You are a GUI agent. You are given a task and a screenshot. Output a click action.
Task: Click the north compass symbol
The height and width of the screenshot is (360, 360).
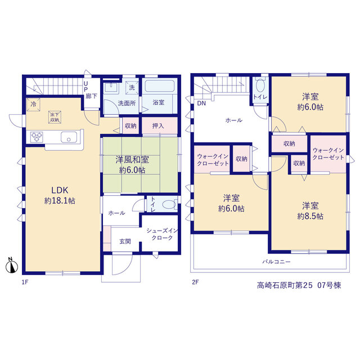12,266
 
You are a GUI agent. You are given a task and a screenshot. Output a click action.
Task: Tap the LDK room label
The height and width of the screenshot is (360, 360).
60,190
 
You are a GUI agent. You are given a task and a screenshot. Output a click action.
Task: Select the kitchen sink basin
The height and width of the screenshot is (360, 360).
69,137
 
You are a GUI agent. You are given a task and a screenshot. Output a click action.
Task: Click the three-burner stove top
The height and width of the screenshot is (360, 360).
37,137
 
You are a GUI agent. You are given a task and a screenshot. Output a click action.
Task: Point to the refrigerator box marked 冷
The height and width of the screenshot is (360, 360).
33,105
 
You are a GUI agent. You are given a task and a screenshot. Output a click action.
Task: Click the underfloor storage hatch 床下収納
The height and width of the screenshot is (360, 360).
55,117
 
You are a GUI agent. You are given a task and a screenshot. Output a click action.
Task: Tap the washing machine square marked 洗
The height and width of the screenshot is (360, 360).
132,88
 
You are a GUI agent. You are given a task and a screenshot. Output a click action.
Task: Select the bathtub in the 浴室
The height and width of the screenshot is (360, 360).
160,86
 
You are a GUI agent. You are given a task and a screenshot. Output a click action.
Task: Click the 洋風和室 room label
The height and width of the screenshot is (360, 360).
132,159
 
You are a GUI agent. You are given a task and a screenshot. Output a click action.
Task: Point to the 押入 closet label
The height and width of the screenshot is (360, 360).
158,126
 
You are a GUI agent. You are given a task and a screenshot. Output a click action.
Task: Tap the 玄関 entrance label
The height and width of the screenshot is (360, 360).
125,241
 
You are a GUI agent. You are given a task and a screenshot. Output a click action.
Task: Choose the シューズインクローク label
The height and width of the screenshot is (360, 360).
162,234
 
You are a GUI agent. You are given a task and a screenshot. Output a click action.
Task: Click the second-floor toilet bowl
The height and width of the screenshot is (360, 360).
260,85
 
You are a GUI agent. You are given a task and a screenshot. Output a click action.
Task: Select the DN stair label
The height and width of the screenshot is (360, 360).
201,103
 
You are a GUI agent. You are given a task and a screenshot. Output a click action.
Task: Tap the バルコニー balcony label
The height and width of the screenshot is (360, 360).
277,262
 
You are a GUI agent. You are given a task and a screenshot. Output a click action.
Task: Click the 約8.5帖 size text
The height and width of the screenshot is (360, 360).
310,216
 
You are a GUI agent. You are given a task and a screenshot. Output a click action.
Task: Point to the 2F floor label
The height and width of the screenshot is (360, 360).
195,282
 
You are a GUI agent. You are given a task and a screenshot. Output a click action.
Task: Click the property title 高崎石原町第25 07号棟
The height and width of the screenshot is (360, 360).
299,285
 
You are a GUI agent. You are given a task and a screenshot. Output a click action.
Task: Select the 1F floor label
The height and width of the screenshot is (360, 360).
25,282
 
